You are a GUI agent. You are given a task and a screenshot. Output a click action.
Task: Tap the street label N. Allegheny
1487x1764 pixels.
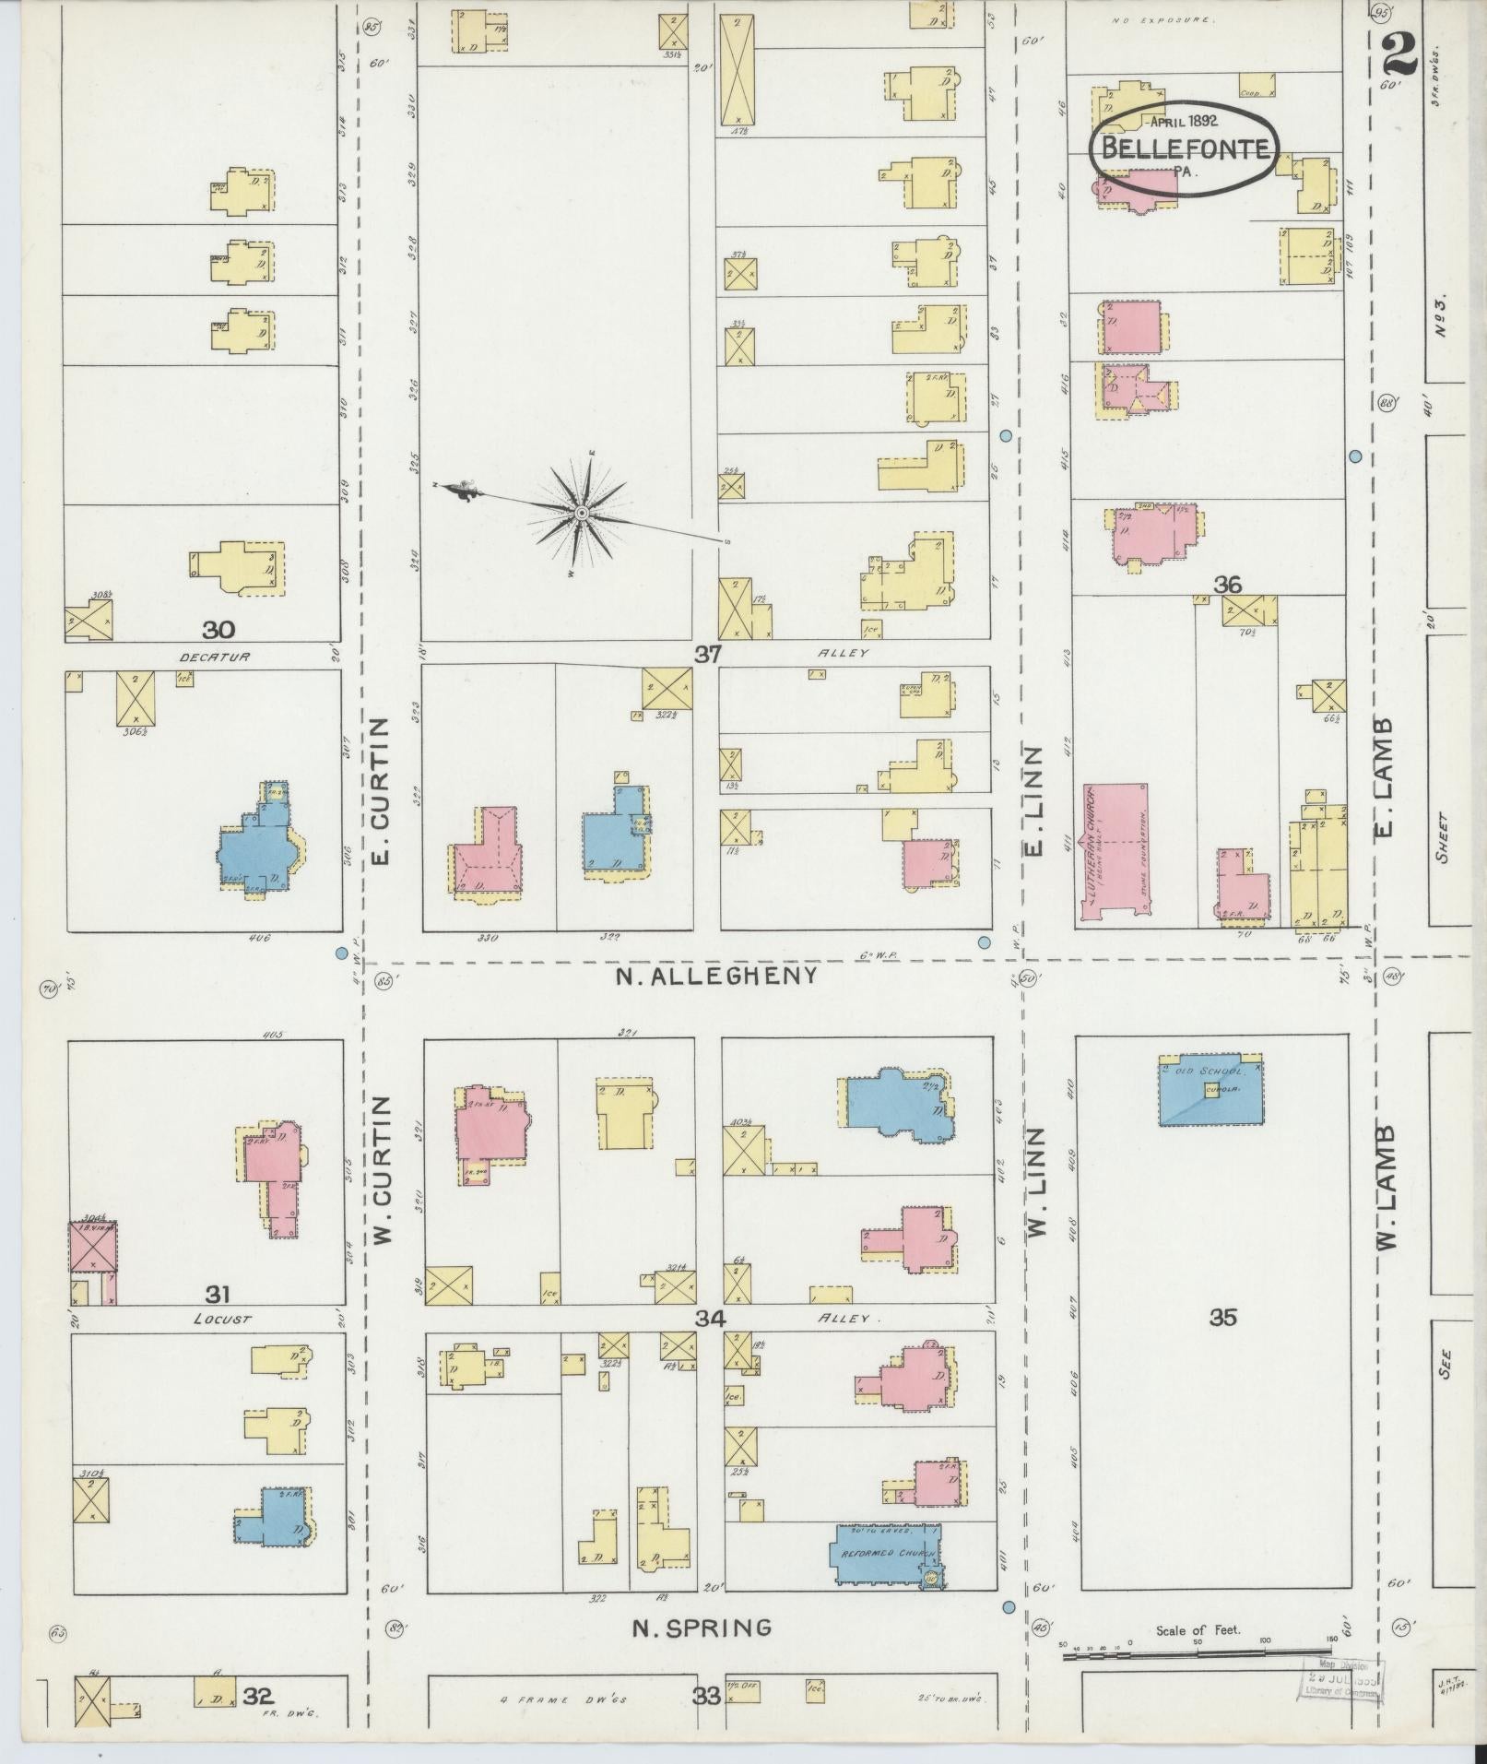click(716, 976)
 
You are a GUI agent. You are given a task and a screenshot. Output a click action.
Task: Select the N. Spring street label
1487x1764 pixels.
click(702, 1628)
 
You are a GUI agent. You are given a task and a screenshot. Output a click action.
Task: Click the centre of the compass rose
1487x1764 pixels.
click(582, 513)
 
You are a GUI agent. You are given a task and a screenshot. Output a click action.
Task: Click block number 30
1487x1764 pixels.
click(218, 630)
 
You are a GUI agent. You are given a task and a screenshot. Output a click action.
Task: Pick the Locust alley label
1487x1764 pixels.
click(222, 1320)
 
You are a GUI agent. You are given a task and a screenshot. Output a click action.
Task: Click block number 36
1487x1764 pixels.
click(1227, 584)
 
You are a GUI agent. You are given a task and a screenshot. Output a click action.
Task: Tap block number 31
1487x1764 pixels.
click(218, 1293)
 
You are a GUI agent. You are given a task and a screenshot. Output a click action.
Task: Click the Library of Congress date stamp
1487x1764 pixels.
click(1342, 1679)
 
